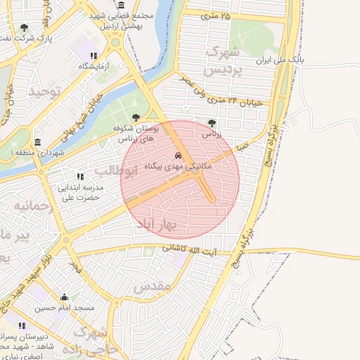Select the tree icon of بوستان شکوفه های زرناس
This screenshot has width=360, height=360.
pyautogui.click(x=136, y=118)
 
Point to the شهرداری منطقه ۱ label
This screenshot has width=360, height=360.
pyautogui.click(x=37, y=153)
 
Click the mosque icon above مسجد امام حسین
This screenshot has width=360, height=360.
pyautogui.click(x=65, y=297)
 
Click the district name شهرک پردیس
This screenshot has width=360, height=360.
pyautogui.click(x=221, y=62)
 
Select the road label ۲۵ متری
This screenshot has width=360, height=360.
pyautogui.click(x=215, y=15)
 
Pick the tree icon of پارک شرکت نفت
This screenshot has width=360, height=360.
pyautogui.click(x=25, y=27)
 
